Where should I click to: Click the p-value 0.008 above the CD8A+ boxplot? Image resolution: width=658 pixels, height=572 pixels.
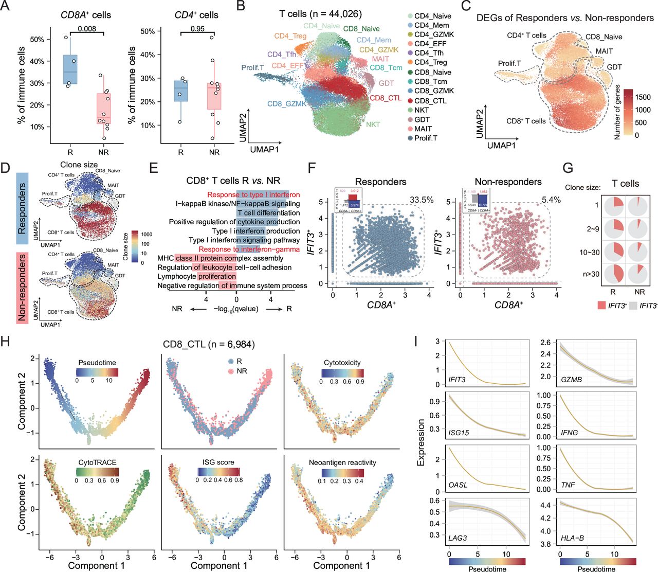[x=87, y=29]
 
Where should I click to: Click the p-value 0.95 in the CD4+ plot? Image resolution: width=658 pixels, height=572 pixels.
[x=197, y=29]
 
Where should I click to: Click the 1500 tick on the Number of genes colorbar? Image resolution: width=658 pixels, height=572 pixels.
[x=643, y=97]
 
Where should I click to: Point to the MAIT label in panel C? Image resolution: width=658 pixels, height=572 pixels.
[x=604, y=51]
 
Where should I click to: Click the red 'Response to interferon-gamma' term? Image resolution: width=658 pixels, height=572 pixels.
[x=249, y=249]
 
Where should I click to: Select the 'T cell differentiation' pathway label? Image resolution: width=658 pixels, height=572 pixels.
[x=268, y=212]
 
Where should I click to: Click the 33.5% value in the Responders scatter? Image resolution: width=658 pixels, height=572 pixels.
[x=422, y=200]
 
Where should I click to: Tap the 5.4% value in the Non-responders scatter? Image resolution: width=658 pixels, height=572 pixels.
[x=551, y=200]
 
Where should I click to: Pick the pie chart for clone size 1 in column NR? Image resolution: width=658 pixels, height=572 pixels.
[x=639, y=205]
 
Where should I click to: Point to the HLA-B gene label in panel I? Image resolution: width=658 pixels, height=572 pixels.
[x=572, y=538]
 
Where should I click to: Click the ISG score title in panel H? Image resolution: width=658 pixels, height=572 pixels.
[x=218, y=462]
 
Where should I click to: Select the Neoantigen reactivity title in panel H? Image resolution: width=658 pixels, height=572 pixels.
[x=342, y=462]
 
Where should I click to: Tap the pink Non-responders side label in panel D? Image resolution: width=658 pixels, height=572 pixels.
[x=22, y=288]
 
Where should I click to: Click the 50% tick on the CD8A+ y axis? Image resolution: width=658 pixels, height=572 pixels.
[x=37, y=39]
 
